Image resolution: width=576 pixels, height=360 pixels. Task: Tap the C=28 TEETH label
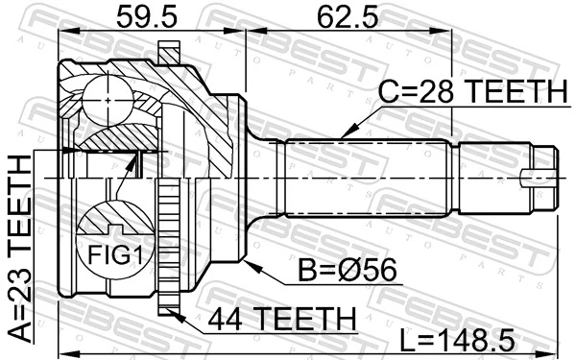pos(470,92)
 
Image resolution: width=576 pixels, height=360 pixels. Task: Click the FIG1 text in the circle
pos(108,256)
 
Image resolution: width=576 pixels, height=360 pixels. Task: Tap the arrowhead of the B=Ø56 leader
pos(248,260)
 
